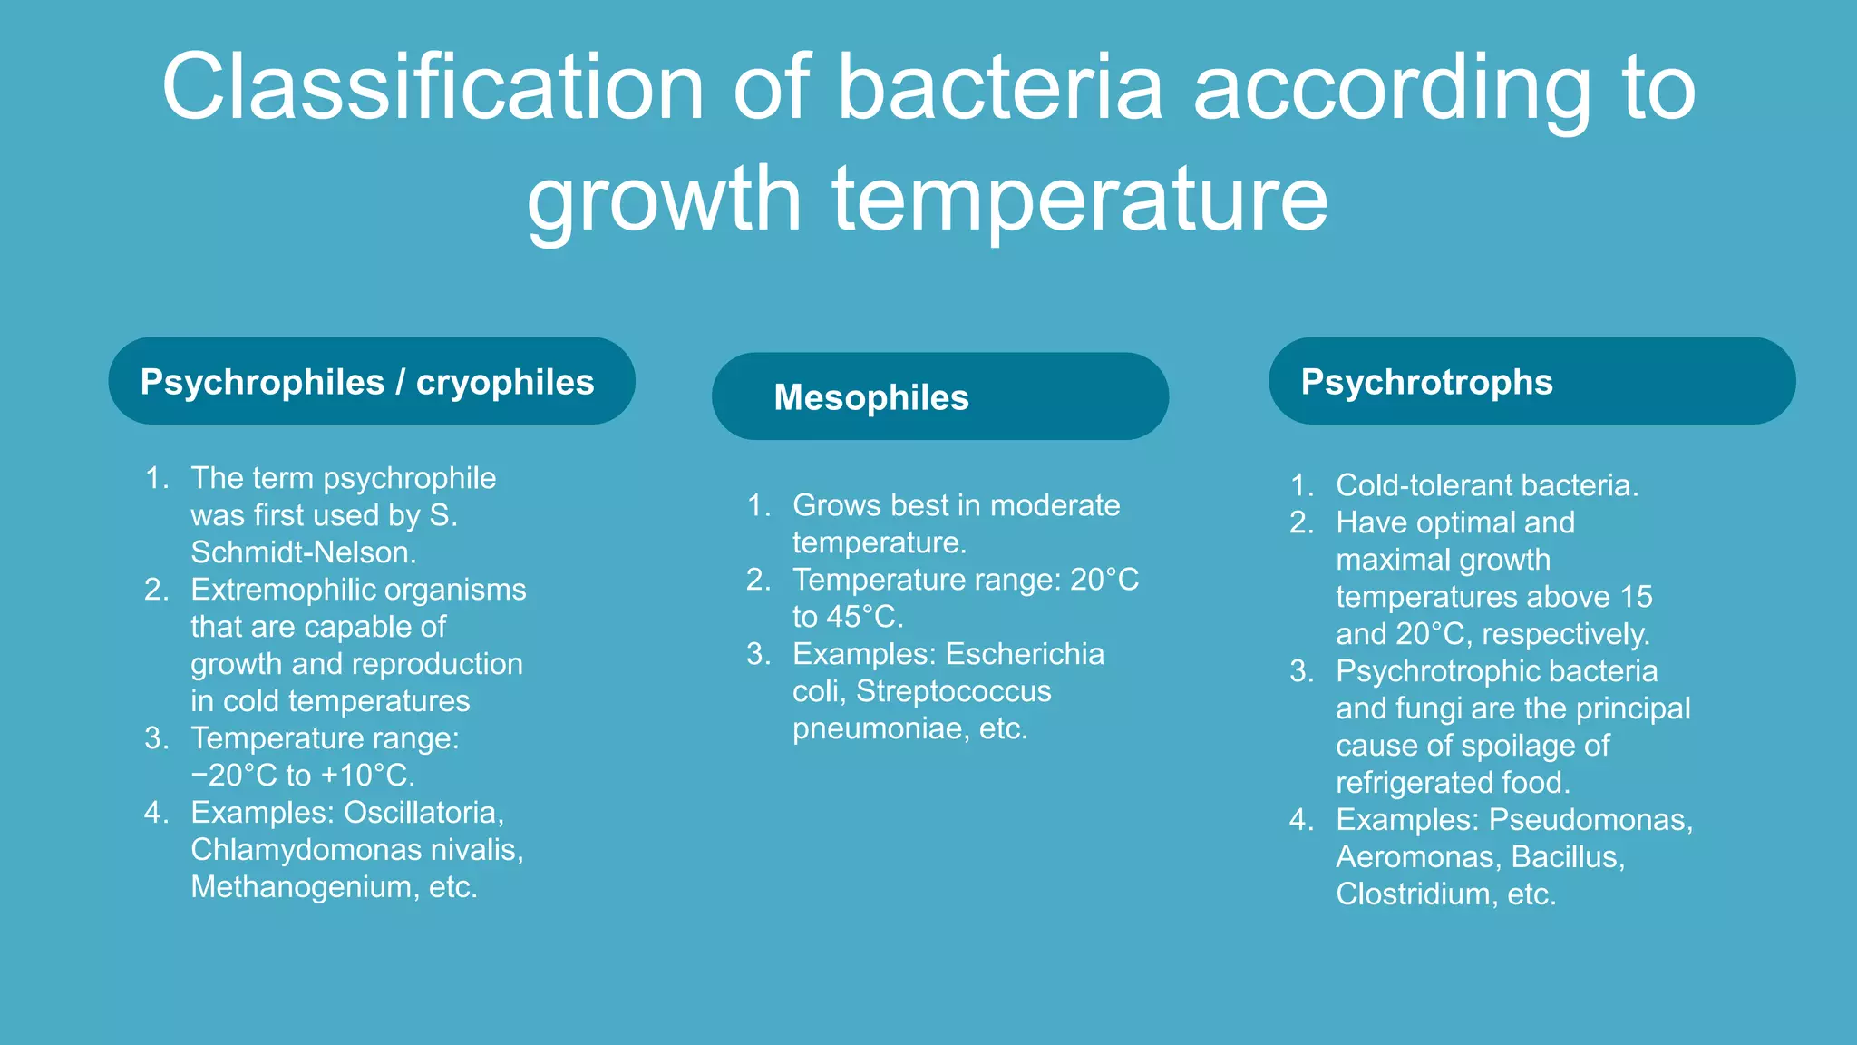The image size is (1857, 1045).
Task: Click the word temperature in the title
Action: [x=1079, y=199]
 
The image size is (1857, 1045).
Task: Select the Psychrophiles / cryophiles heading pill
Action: [x=371, y=382]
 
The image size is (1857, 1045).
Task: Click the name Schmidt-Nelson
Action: [x=302, y=552]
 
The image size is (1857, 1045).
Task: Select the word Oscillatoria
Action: [x=423, y=813]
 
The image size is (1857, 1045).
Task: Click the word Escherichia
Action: [x=1025, y=654]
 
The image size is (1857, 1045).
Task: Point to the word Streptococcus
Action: [x=953, y=691]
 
